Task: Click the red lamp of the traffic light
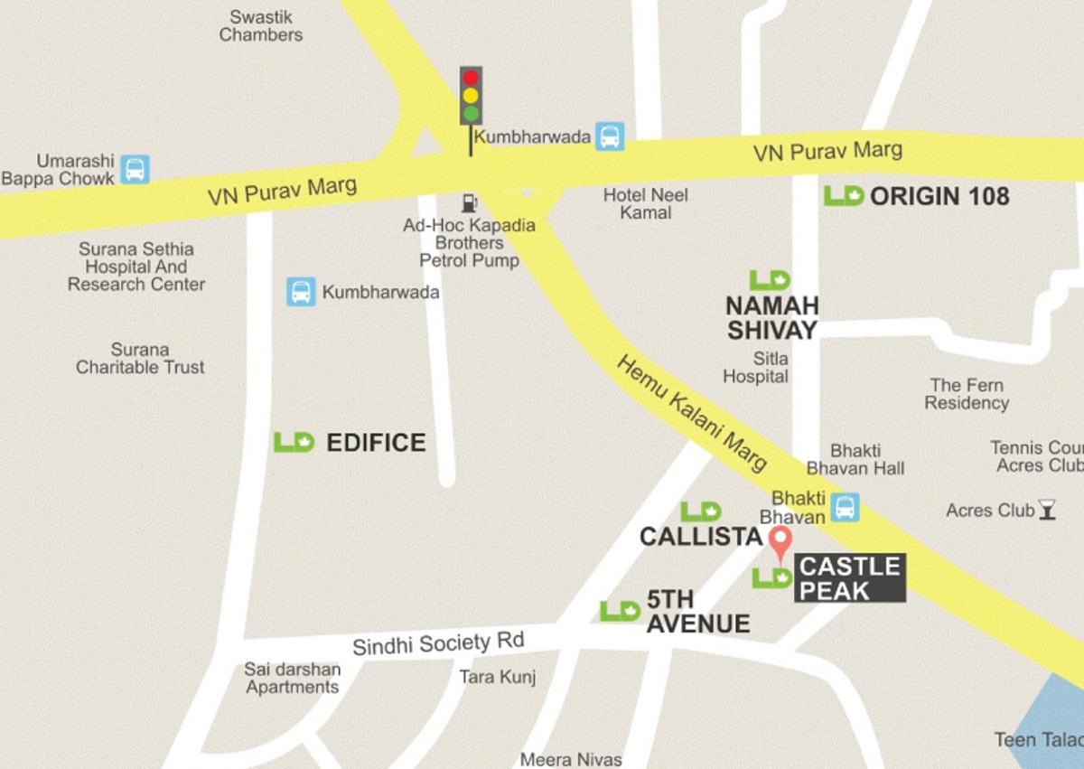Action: pos(471,78)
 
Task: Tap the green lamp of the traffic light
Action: pos(471,113)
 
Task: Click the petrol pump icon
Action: pos(469,202)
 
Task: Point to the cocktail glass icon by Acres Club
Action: pos(1047,510)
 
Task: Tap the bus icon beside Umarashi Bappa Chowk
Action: pos(135,169)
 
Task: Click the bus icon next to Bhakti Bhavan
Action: pos(845,507)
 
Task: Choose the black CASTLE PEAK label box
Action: pos(850,578)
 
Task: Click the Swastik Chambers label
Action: pos(261,26)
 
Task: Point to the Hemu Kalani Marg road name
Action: pos(692,412)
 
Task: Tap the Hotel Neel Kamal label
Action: pos(646,203)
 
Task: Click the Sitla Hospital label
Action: pos(756,368)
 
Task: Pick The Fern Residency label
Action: pos(967,394)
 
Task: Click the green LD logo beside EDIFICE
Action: pos(294,442)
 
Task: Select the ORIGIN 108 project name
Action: pos(939,196)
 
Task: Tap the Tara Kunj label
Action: pos(498,677)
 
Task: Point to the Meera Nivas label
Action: pos(571,759)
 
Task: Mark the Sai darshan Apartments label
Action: pos(293,678)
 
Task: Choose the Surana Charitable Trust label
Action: pos(140,358)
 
